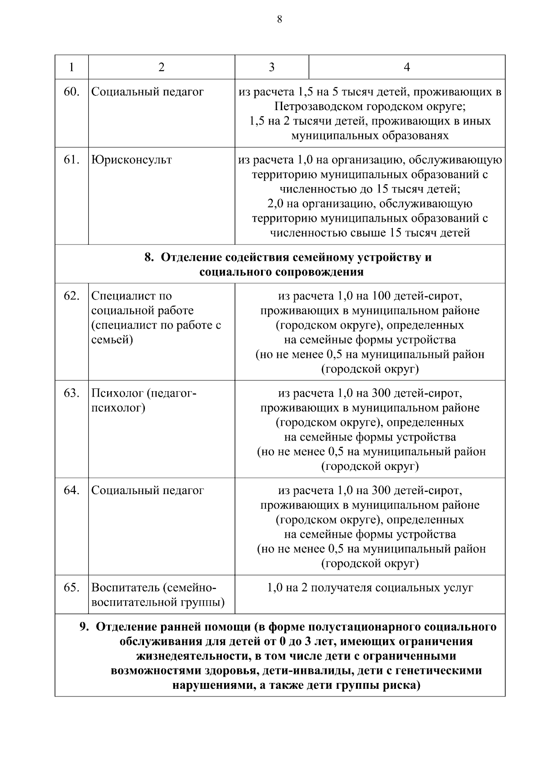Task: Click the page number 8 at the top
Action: click(279, 19)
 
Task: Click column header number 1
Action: click(72, 67)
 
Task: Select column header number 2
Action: click(162, 67)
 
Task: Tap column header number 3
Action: click(272, 67)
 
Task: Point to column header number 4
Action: click(407, 67)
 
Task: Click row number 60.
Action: click(72, 92)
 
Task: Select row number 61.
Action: click(72, 160)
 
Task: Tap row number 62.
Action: click(72, 296)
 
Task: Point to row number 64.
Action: click(72, 490)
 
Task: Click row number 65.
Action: click(72, 587)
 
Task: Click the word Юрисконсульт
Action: click(131, 160)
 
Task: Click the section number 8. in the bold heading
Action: click(149, 257)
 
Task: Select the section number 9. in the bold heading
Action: click(84, 627)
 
